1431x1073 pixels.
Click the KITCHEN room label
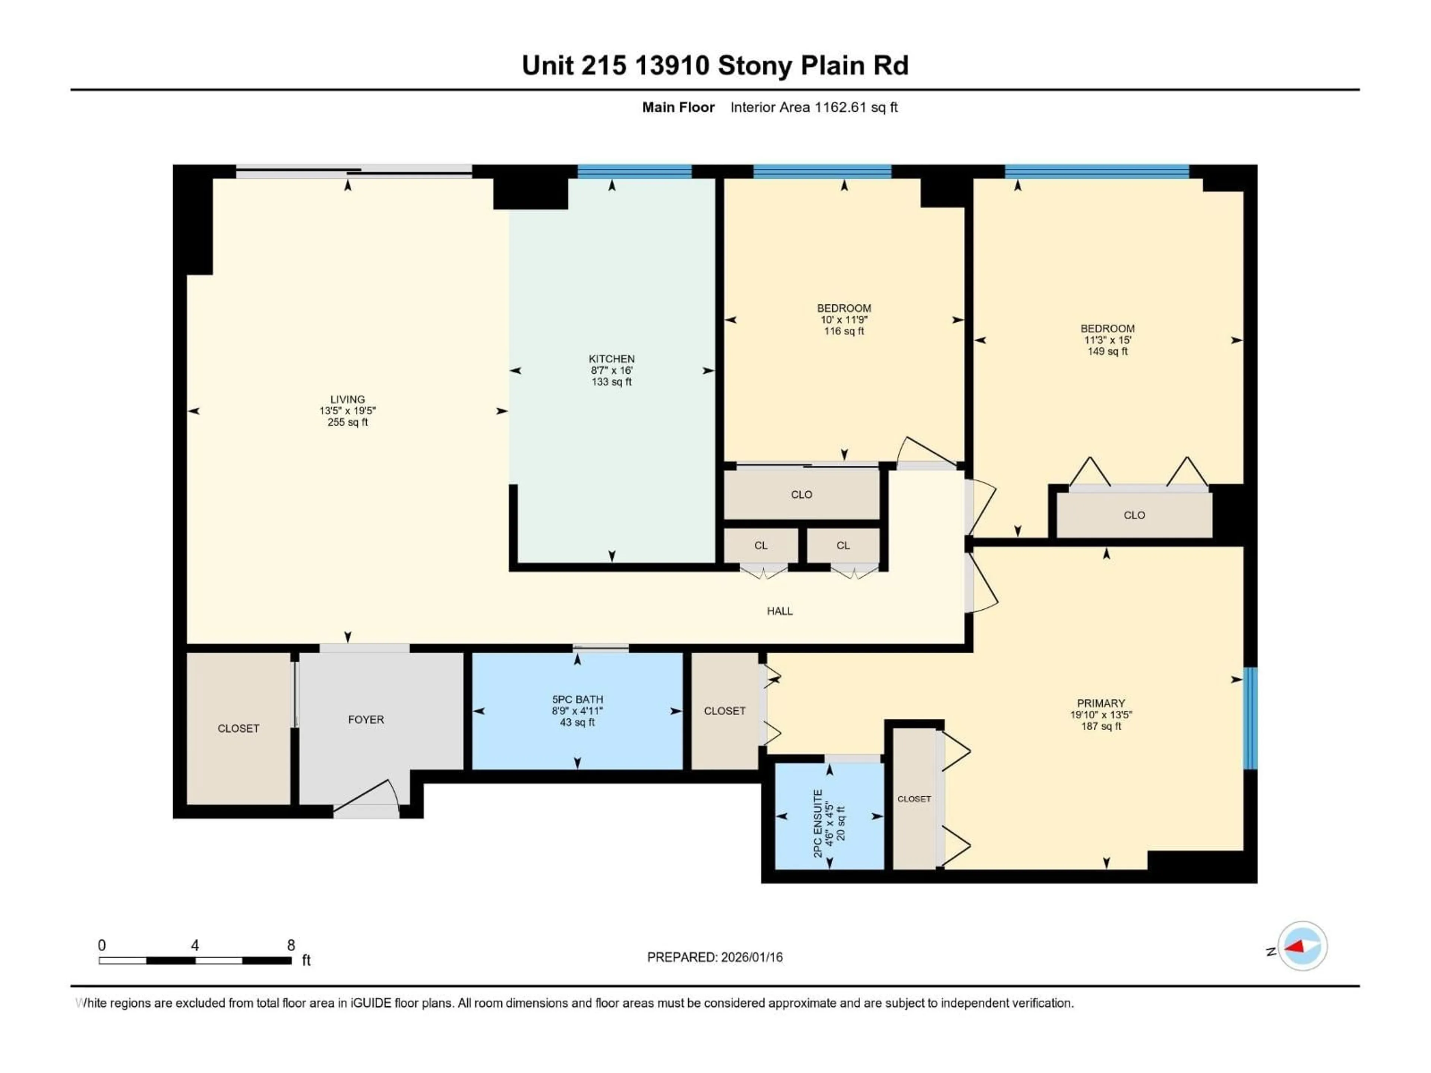612,358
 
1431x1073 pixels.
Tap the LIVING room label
347,399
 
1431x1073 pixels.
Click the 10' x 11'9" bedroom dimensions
844,320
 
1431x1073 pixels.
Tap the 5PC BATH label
577,699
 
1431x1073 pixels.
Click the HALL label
780,611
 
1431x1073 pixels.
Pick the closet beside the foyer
238,728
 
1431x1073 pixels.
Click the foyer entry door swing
369,799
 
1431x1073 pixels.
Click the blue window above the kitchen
634,171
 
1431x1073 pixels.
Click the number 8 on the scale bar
291,945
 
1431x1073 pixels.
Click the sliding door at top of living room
354,171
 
